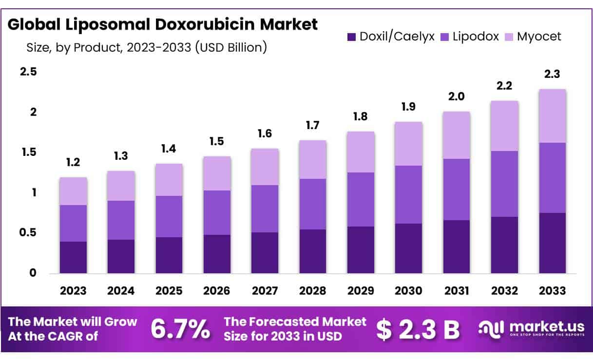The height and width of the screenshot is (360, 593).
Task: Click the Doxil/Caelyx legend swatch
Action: pos(351,37)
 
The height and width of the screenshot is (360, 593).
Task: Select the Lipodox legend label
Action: pos(476,37)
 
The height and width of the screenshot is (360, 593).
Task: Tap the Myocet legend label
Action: pos(539,37)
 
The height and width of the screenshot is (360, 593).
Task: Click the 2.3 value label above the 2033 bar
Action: pos(552,75)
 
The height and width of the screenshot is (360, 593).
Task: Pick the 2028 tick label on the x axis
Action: pos(313,291)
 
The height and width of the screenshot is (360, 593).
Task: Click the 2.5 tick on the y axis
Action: pos(28,72)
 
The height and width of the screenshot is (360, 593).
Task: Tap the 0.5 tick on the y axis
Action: pos(28,233)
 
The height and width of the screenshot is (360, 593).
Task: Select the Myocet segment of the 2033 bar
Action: pos(552,116)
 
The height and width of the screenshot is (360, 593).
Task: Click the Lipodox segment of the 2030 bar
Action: pos(408,194)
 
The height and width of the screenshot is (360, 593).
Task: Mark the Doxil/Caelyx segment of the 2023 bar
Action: pos(73,257)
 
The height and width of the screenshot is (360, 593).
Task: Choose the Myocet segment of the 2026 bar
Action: pos(217,173)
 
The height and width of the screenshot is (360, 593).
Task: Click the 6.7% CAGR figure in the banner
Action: pos(180,330)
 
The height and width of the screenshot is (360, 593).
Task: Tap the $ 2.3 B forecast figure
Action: pos(418,330)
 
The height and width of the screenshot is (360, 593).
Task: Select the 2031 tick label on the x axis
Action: pos(456,291)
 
